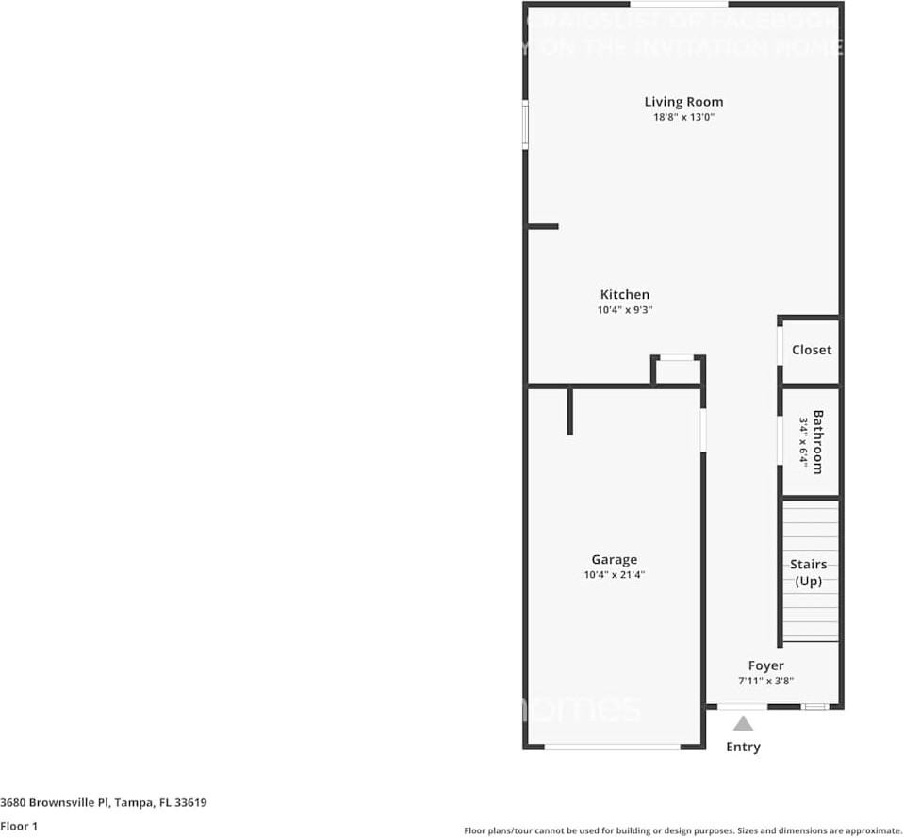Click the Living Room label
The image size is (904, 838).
click(683, 102)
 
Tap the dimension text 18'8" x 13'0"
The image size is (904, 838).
click(683, 118)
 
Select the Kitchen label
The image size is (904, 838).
click(624, 295)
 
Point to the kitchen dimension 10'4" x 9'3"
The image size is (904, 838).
click(624, 310)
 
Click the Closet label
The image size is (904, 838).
click(811, 350)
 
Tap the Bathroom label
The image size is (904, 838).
click(817, 441)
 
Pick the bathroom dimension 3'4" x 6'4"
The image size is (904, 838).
click(803, 441)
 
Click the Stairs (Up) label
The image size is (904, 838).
click(808, 572)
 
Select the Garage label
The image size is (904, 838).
click(614, 559)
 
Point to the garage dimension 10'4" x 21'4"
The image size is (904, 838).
click(614, 574)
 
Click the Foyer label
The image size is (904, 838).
click(765, 665)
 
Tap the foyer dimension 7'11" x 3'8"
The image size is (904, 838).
click(765, 681)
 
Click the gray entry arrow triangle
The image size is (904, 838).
click(743, 724)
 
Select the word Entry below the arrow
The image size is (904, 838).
click(743, 747)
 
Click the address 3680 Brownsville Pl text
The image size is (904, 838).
click(103, 802)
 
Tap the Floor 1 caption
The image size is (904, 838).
click(19, 826)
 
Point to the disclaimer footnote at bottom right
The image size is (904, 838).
click(682, 830)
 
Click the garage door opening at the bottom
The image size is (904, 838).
click(613, 747)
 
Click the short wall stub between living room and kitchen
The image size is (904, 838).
click(543, 226)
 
